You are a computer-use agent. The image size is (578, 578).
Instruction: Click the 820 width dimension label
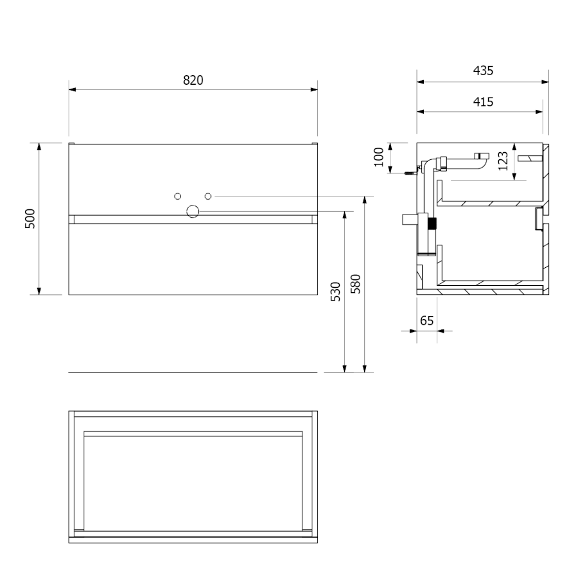pyautogui.click(x=193, y=80)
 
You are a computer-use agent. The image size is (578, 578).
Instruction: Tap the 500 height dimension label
pyautogui.click(x=30, y=218)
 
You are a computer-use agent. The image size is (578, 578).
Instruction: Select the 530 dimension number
pyautogui.click(x=335, y=292)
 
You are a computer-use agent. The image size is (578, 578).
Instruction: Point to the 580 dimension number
pyautogui.click(x=355, y=284)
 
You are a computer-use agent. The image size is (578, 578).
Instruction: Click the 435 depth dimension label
pyautogui.click(x=483, y=71)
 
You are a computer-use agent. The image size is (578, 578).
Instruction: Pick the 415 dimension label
pyautogui.click(x=483, y=101)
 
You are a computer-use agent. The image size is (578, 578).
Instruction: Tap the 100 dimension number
pyautogui.click(x=378, y=157)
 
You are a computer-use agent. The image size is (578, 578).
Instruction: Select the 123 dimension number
pyautogui.click(x=503, y=161)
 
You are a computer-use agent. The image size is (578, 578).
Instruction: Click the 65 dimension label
pyautogui.click(x=426, y=320)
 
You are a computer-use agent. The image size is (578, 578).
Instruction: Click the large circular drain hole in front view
pyautogui.click(x=193, y=211)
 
